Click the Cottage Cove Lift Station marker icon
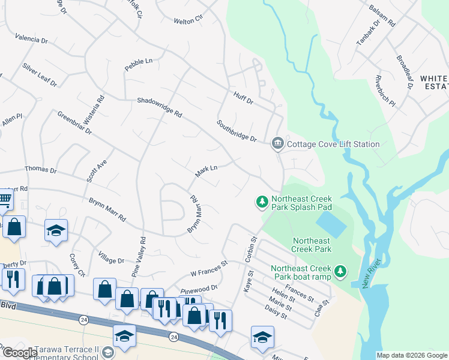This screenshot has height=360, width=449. coord(277,143)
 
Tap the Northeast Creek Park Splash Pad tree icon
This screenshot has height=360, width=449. coord(262,202)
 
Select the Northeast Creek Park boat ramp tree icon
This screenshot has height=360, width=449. coord(340,272)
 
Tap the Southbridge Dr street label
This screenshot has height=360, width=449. coord(237,130)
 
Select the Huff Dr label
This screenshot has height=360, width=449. coord(244,98)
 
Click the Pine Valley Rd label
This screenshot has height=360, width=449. coord(143,256)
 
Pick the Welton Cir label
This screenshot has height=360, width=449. coord(184,21)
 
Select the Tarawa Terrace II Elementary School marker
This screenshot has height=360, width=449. coord(108,352)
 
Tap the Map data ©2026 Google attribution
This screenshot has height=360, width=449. coord(412,355)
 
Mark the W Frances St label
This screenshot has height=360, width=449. coord(209,268)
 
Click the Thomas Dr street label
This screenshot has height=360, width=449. coord(40,171)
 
